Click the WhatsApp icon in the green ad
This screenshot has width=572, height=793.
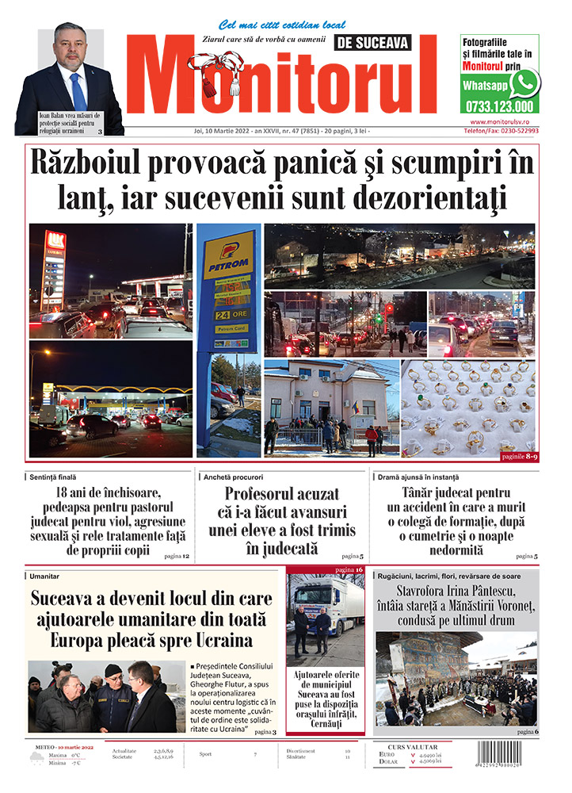(524, 82)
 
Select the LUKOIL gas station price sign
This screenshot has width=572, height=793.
(53, 270)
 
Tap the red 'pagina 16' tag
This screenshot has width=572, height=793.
(349, 570)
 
